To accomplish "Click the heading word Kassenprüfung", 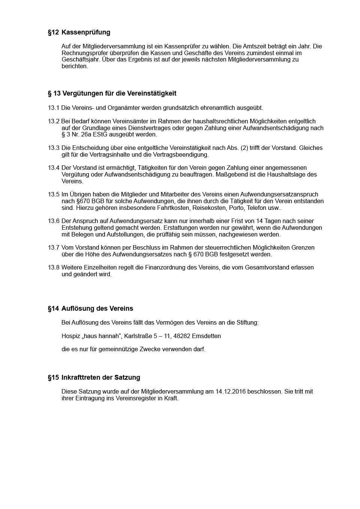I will pos(85,32).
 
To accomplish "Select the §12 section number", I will pos(53,32).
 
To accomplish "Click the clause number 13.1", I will pos(53,108).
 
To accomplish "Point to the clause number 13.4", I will pos(53,168).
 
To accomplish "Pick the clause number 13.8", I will pos(53,268).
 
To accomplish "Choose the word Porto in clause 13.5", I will pos(237,208).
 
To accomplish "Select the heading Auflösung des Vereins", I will pos(97,308).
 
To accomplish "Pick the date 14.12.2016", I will pos(230,392).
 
